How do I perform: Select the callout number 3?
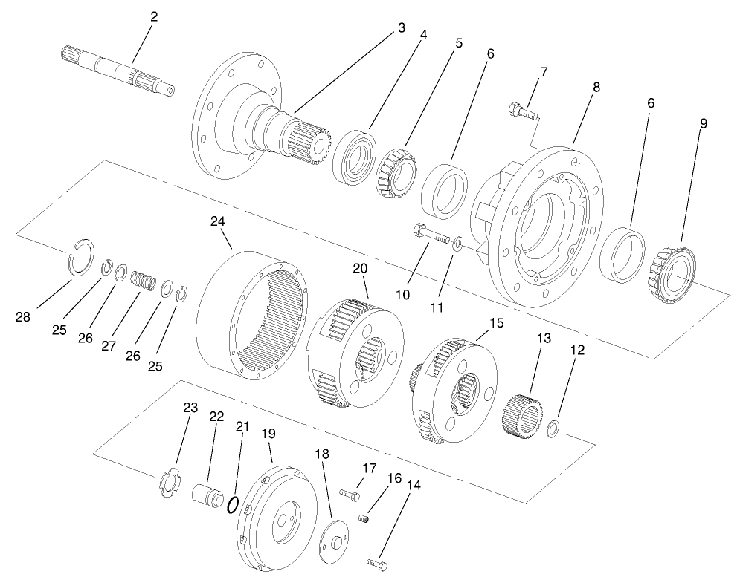pyautogui.click(x=401, y=28)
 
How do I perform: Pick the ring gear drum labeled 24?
pyautogui.click(x=248, y=313)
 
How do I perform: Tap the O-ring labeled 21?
pyautogui.click(x=233, y=506)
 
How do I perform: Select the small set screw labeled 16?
pyautogui.click(x=364, y=518)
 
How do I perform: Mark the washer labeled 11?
pyautogui.click(x=460, y=244)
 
